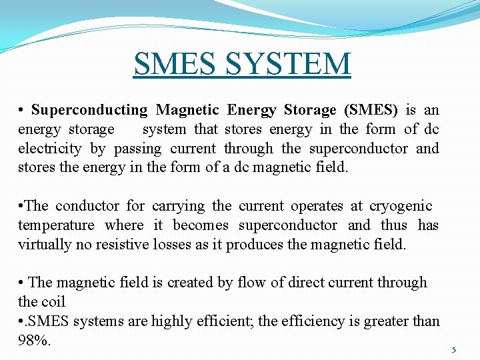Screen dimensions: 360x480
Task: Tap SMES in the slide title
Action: click(x=175, y=64)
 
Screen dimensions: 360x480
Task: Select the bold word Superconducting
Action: click(x=89, y=110)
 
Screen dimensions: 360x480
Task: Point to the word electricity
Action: click(x=50, y=149)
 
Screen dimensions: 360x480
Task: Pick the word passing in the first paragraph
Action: click(x=137, y=149)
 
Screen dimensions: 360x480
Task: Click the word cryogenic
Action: click(x=401, y=206)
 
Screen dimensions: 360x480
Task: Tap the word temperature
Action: click(x=56, y=225)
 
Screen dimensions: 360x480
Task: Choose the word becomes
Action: click(x=201, y=225)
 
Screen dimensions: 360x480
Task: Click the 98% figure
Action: click(x=34, y=341)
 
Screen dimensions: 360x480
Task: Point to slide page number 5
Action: click(x=453, y=349)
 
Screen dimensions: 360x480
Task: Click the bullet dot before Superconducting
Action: click(x=22, y=110)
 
